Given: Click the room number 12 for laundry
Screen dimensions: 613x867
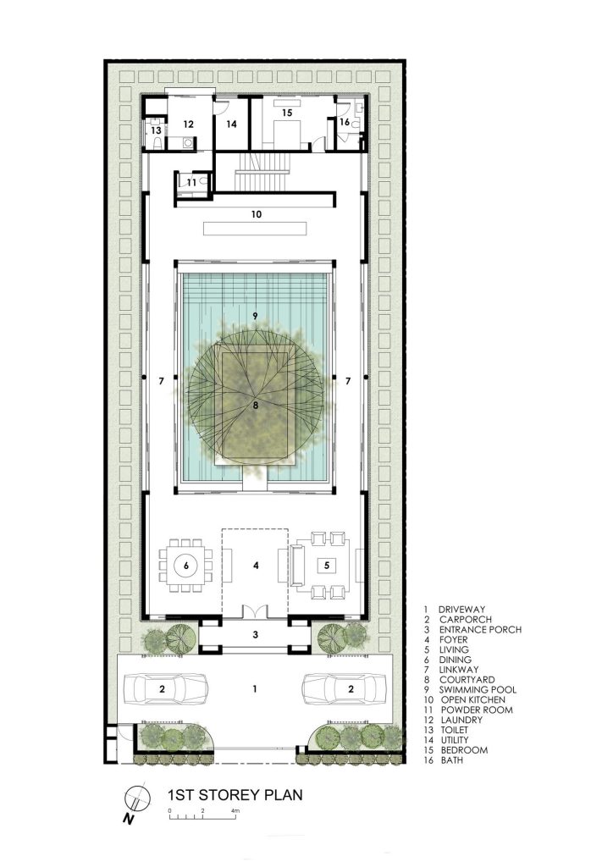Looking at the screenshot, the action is [x=189, y=124].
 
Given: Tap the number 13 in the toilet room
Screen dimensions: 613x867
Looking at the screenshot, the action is [x=157, y=130].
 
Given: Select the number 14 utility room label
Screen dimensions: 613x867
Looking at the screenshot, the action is [x=231, y=124].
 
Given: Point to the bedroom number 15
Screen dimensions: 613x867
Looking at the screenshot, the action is [x=287, y=113].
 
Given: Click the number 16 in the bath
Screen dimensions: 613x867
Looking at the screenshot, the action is [x=345, y=122].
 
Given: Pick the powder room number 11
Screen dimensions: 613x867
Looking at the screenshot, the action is [x=191, y=183].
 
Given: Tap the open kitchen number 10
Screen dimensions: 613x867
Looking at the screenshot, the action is [x=256, y=214].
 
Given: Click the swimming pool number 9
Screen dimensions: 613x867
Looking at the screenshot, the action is [x=255, y=317].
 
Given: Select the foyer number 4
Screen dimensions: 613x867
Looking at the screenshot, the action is [x=256, y=565].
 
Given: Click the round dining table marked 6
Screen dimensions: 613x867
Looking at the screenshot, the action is [x=186, y=565].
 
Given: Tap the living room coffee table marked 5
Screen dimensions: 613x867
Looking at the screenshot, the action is [x=327, y=565].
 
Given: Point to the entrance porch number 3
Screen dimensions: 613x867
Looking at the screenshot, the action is [x=256, y=634].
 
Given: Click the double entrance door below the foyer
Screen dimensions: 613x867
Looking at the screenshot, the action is [x=256, y=611].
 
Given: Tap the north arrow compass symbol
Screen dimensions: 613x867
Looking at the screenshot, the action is [x=136, y=798].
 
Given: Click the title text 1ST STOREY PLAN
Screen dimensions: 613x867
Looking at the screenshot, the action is [x=235, y=794].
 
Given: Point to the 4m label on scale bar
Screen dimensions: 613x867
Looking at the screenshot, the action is [x=235, y=810].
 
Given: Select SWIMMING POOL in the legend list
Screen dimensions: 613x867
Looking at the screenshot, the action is [x=478, y=689].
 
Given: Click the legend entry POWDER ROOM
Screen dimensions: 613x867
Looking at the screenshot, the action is [x=477, y=710].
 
